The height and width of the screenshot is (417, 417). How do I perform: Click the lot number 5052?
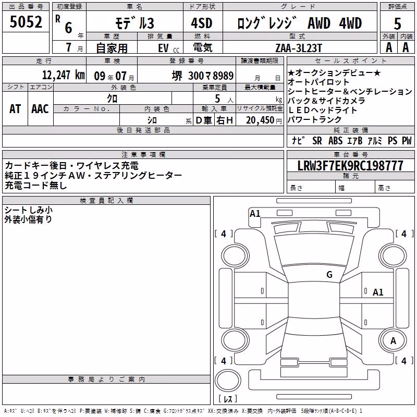pyautogui.click(x=26, y=22)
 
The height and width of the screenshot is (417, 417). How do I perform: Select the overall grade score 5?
pyautogui.click(x=397, y=24)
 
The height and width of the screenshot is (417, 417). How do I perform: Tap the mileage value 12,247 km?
pyautogui.click(x=63, y=75)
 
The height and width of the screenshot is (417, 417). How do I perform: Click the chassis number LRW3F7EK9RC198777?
pyautogui.click(x=350, y=166)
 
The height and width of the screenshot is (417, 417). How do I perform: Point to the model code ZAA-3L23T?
pyautogui.click(x=299, y=48)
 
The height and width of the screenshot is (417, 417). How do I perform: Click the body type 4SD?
pyautogui.click(x=202, y=23)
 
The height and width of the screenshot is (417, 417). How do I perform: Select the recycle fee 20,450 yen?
pyautogui.click(x=264, y=120)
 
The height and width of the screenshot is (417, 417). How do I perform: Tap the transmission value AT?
pyautogui.click(x=15, y=109)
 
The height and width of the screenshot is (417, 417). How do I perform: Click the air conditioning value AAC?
pyautogui.click(x=40, y=109)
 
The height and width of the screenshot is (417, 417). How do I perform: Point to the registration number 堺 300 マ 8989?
pyautogui.click(x=203, y=76)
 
